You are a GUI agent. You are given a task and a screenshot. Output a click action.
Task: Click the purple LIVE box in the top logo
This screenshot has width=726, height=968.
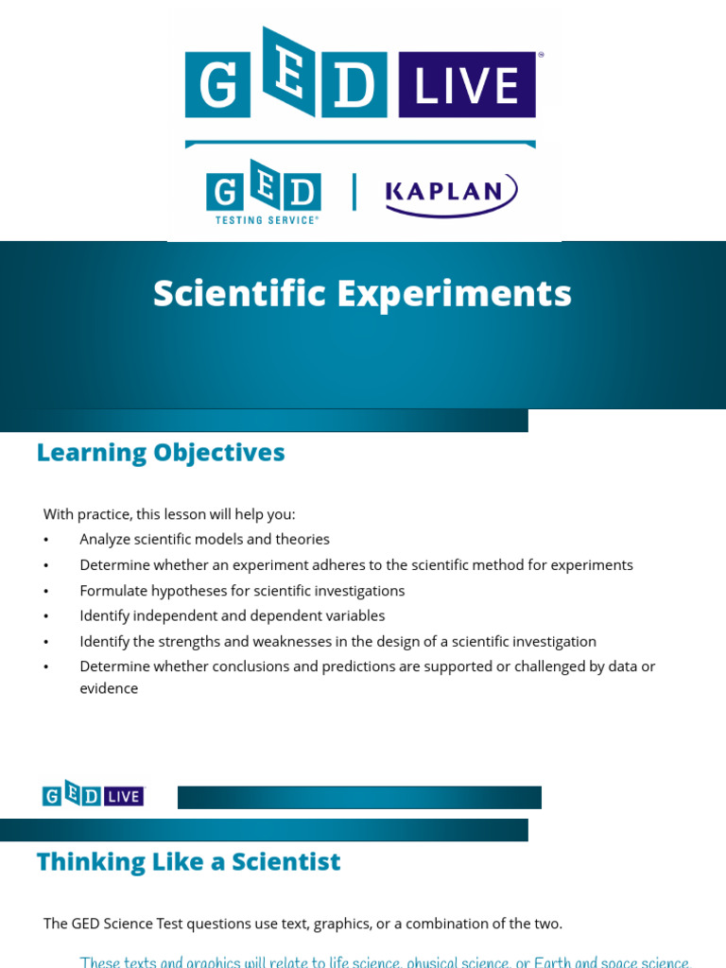pos(467,86)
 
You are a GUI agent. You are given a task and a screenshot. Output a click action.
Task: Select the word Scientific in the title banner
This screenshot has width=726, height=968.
pos(237,293)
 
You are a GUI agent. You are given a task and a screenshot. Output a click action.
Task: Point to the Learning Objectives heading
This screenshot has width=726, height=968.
pos(161,453)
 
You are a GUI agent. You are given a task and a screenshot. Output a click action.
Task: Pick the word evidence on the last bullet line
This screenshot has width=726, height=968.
pos(109,688)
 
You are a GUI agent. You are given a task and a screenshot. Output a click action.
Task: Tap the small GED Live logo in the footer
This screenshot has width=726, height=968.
pos(93,795)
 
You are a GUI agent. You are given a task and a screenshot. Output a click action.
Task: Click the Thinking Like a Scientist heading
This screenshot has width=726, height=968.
pos(188,862)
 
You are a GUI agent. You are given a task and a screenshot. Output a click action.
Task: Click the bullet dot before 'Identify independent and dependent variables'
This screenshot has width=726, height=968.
pos(45,616)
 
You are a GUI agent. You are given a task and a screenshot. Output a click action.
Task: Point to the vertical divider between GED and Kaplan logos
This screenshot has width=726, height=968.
pos(354,192)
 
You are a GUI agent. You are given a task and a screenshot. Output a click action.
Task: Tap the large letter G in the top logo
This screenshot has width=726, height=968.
pos(218,86)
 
